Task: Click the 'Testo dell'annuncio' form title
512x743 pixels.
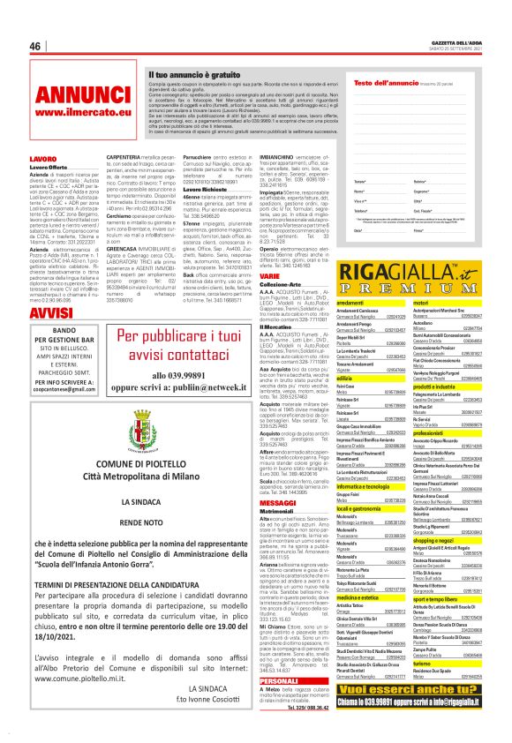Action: coord(359,82)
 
